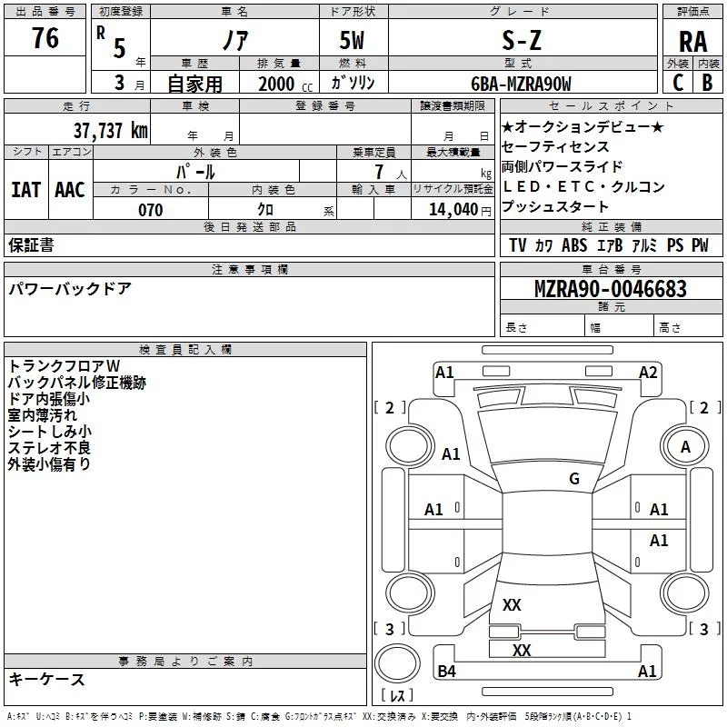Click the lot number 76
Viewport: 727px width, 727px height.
(x=45, y=39)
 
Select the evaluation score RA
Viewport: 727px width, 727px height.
(x=692, y=41)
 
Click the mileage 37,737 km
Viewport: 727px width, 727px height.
(x=110, y=130)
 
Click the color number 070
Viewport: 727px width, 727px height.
(x=150, y=210)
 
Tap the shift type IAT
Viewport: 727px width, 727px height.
(x=25, y=190)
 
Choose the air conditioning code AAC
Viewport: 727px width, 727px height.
(x=70, y=190)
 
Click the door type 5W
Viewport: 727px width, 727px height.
(x=352, y=41)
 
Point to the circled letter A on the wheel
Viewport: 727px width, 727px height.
(x=685, y=446)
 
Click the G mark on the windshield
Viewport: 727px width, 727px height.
(x=573, y=479)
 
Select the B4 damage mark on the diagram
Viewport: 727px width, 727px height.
(x=446, y=672)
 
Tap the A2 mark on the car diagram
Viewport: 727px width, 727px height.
(x=648, y=372)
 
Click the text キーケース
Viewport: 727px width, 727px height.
(x=47, y=679)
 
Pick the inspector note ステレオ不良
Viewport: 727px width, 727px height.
(x=49, y=447)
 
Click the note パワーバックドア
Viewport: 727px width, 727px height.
(x=70, y=289)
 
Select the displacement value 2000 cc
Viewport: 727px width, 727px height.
(x=283, y=84)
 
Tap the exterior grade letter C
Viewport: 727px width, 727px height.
(x=677, y=83)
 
